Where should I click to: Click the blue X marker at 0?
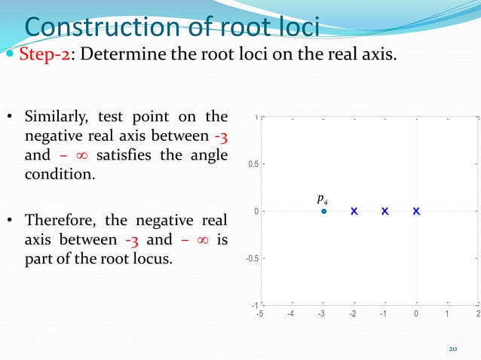416,212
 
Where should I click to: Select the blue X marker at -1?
384,212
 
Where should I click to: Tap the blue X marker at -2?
354,212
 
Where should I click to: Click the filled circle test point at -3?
323,212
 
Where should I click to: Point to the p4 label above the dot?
322,199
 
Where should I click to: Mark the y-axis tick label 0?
257,212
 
